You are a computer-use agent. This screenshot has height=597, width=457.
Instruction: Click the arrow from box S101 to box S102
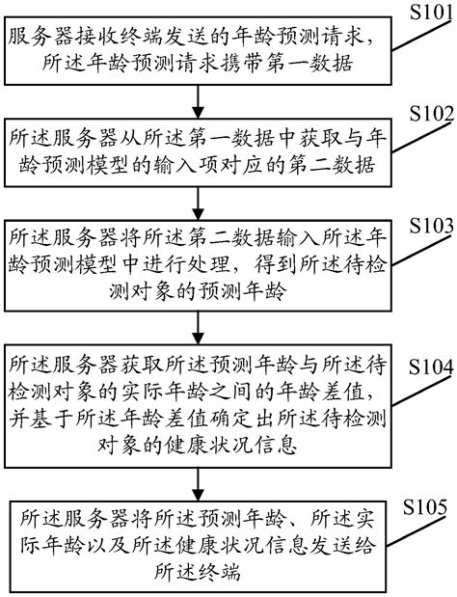point(199,100)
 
